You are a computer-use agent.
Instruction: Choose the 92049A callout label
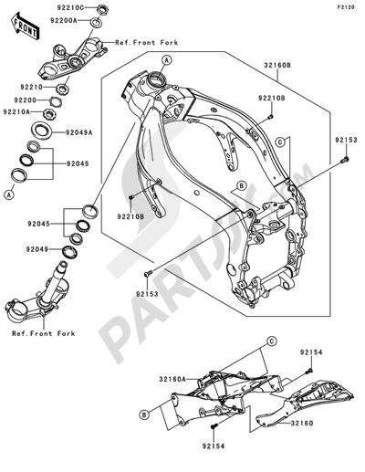80,131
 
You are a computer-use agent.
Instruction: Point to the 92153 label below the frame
149,295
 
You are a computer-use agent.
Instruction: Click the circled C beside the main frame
282,143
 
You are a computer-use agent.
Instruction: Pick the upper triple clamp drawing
68,57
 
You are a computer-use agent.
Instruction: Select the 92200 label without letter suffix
25,99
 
